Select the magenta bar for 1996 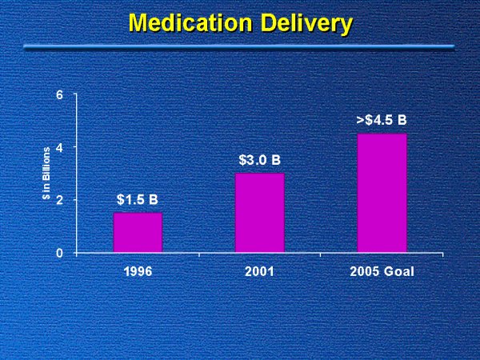click(138, 232)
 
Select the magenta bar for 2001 click(259, 212)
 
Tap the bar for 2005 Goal click(382, 192)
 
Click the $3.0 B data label click(259, 160)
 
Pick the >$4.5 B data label click(382, 120)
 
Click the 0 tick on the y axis click(60, 253)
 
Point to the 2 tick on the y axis click(60, 200)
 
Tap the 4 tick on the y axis click(60, 147)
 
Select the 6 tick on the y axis click(60, 95)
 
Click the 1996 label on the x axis click(138, 272)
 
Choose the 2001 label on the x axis click(259, 272)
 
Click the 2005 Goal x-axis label click(382, 272)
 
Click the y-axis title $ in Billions click(46, 174)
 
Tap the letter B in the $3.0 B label click(275, 160)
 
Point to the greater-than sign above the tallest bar click(360, 121)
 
